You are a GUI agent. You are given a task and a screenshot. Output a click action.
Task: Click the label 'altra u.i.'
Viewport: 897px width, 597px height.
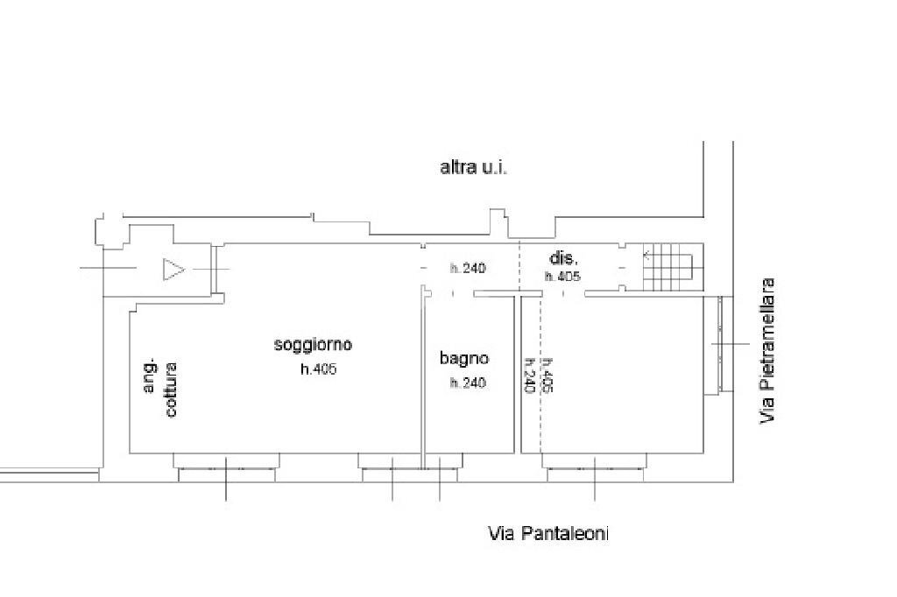[x=473, y=167]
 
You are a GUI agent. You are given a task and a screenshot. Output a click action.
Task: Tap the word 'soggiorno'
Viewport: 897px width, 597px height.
[x=313, y=345]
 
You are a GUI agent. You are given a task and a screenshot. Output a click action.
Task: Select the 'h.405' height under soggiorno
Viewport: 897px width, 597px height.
[x=318, y=369]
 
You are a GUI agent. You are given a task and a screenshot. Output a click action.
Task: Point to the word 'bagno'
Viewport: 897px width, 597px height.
[x=464, y=358]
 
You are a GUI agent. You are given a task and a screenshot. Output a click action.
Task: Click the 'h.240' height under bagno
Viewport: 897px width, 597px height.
[x=468, y=383]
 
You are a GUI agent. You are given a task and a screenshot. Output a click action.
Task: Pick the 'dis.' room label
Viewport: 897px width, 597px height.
[x=562, y=258]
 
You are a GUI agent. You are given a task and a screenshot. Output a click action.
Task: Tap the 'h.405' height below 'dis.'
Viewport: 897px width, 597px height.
[x=562, y=277]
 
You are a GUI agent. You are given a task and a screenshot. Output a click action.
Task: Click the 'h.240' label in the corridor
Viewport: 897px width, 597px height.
[x=468, y=269]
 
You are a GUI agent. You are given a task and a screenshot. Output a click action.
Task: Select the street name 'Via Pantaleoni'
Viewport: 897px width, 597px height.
[x=548, y=533]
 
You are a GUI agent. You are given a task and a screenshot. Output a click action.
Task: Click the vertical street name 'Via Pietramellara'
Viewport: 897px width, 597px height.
[x=768, y=351]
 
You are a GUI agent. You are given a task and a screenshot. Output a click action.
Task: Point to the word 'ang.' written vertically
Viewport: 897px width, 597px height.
[x=150, y=377]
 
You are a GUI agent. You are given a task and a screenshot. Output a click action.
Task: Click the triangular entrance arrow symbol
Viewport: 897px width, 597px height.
[x=173, y=270]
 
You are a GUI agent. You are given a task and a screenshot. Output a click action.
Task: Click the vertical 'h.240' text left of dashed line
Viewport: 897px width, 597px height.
[x=529, y=376]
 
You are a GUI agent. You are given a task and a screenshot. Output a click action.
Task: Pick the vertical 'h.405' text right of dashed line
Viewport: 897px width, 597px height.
[x=547, y=376]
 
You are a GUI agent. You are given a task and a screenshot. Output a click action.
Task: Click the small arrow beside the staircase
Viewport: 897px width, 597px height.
[x=646, y=256]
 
